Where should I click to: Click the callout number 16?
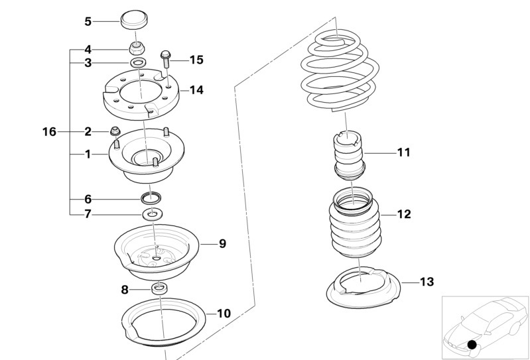(49, 132)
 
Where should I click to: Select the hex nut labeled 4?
(137, 49)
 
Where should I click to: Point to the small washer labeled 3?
(138, 62)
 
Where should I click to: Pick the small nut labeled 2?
(115, 131)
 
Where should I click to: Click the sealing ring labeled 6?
(151, 198)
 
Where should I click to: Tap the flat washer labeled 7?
(153, 214)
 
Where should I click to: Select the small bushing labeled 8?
(159, 289)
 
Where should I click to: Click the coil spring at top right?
(340, 71)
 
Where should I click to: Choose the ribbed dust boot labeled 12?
(355, 223)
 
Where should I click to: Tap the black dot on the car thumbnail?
(472, 345)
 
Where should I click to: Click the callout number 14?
(196, 90)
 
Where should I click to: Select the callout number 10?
(224, 314)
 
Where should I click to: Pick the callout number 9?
(222, 243)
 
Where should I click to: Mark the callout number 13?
(427, 282)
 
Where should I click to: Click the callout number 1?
(88, 154)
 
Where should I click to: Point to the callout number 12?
(404, 214)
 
